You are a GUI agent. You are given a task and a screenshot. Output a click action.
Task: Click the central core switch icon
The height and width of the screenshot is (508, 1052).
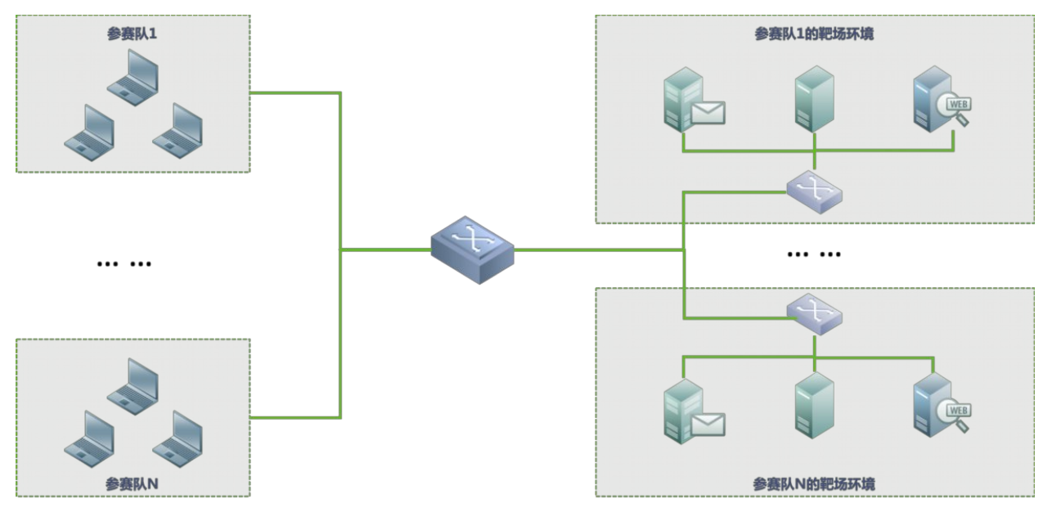(473, 249)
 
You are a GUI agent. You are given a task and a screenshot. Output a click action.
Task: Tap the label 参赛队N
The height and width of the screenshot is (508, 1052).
(132, 483)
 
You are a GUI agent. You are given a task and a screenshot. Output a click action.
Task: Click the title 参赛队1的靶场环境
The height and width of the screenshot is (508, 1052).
(814, 34)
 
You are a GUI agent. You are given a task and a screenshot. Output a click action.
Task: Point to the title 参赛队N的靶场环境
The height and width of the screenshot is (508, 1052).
(814, 484)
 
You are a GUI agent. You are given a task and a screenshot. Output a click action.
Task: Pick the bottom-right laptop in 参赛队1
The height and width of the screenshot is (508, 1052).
(178, 130)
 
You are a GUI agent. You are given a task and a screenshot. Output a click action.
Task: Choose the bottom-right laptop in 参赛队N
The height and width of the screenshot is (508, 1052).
(178, 438)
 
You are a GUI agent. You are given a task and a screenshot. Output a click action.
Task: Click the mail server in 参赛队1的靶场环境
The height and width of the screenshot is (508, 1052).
(692, 101)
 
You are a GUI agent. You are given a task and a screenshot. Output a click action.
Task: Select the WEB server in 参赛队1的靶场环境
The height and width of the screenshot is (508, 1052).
(940, 101)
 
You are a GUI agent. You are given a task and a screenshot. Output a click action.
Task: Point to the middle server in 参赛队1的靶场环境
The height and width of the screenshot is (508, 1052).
(814, 98)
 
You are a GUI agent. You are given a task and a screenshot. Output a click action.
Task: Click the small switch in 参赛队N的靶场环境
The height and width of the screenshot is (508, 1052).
(814, 313)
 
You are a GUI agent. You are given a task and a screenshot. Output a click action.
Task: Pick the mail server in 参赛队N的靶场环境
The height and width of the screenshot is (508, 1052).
(692, 411)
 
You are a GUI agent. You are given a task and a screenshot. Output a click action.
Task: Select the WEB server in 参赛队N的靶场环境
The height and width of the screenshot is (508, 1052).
(940, 404)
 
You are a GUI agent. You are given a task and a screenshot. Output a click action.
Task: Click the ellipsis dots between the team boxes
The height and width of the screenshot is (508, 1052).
(124, 263)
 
